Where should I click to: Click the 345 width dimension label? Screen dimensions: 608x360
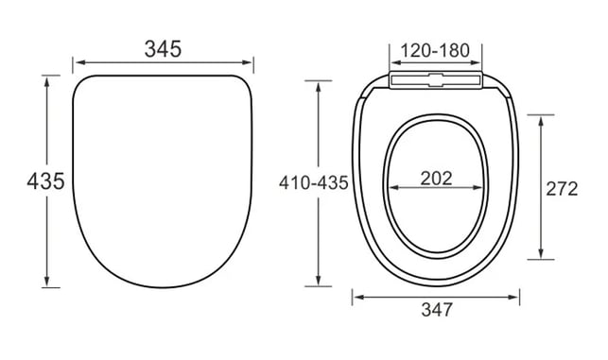163,49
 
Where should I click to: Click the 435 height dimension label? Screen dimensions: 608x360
45,181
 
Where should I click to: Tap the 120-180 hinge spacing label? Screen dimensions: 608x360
435,51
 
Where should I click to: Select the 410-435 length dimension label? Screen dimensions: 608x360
314,183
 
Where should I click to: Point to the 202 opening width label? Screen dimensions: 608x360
436,179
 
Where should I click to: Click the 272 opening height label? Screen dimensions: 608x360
562,189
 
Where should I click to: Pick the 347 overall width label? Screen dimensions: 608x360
437,310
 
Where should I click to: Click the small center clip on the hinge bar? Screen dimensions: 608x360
435,79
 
